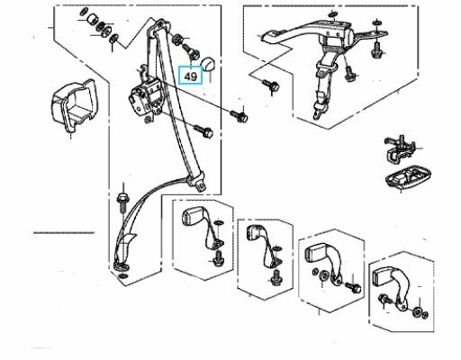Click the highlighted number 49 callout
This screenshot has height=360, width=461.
coord(190,75)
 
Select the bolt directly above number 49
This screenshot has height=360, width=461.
coord(190,51)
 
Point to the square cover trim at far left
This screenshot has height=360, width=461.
coord(72,105)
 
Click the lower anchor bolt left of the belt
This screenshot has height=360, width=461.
coord(122,202)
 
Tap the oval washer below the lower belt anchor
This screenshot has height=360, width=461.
coord(123,276)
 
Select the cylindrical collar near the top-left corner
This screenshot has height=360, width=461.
coord(92,20)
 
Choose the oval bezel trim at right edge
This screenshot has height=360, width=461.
coord(408,178)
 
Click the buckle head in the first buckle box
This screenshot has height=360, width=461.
coord(191,217)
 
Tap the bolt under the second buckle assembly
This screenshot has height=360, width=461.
coord(276,279)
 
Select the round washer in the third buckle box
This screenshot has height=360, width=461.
coord(323,275)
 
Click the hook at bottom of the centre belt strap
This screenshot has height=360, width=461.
coord(318,114)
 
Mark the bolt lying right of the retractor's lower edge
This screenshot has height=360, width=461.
coord(204,130)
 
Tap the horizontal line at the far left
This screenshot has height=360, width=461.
coord(64,233)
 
